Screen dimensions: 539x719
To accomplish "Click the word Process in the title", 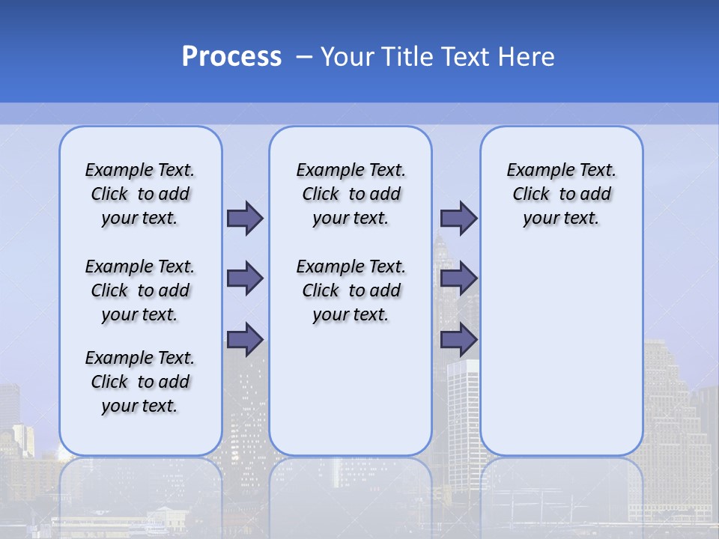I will coord(231,57).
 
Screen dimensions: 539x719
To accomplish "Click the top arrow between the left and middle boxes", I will coord(245,219).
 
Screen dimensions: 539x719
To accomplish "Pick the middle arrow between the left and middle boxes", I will coord(245,278).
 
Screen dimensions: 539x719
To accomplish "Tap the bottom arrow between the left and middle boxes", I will coord(245,339).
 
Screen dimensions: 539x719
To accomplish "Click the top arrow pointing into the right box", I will coord(458,219).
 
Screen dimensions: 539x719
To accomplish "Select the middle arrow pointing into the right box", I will coord(458,278).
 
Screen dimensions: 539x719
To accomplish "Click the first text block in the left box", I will coord(140,194).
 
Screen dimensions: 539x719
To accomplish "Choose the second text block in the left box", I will coord(140,290).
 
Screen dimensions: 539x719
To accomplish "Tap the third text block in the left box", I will coord(140,382).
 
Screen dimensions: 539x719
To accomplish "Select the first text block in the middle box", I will coord(351,194).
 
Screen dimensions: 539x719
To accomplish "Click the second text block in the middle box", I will coord(351,290).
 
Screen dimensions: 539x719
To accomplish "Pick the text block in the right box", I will coord(562,194).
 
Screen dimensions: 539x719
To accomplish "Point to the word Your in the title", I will coord(348,57).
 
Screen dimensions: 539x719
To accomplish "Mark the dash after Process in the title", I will coord(304,57).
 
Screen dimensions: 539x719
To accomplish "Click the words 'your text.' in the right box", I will coord(562,219).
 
